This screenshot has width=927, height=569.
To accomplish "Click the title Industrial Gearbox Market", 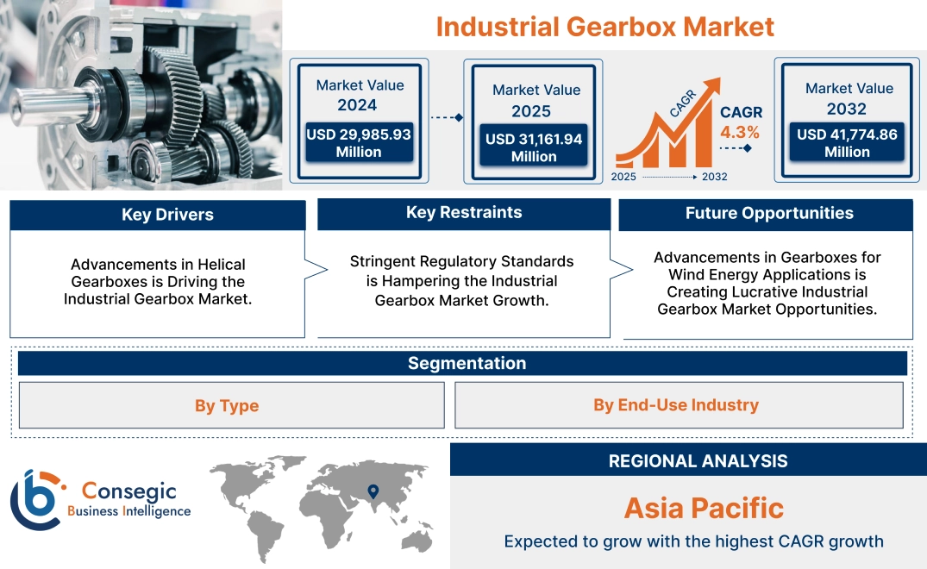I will click(604, 26).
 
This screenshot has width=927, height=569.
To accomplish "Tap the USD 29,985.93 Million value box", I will click(359, 143).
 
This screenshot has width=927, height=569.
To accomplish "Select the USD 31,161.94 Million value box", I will click(534, 147).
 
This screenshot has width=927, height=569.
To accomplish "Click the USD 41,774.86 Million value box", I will click(847, 143).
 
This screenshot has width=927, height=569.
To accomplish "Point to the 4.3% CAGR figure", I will click(740, 132).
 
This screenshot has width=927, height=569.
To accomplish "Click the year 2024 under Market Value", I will click(357, 105).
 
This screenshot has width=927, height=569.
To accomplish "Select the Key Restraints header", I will click(464, 213).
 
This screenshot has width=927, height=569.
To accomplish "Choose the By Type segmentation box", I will click(227, 405).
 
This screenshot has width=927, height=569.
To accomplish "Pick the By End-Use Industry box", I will click(676, 404).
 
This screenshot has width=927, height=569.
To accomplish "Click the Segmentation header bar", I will click(467, 363).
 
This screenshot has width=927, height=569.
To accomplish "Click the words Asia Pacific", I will click(704, 508).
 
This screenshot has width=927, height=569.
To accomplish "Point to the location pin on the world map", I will click(373, 491).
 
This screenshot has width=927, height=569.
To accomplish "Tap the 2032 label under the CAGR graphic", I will click(714, 177).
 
